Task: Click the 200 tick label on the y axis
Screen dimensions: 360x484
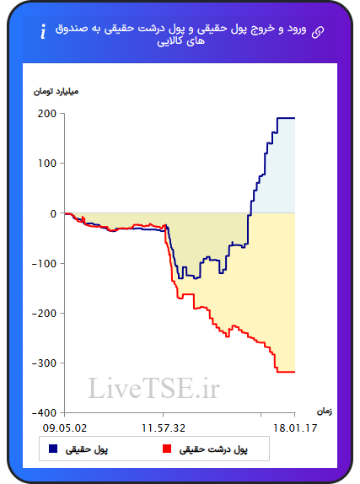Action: [x=47, y=114]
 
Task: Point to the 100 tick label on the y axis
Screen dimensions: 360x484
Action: [x=47, y=164]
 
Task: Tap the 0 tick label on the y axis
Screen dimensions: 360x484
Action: [x=53, y=213]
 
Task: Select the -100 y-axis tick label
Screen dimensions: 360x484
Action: [x=44, y=263]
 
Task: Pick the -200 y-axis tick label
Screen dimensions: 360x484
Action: [x=44, y=313]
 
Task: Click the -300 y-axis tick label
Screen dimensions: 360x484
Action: [x=44, y=363]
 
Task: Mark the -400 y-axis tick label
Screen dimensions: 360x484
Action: [x=44, y=412]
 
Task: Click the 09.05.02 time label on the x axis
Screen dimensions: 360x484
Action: [x=65, y=428]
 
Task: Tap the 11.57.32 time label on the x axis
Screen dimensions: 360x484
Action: [x=164, y=428]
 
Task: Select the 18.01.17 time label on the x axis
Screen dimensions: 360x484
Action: [x=295, y=428]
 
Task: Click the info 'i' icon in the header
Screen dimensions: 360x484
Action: [x=43, y=31]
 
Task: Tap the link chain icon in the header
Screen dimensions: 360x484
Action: [x=318, y=32]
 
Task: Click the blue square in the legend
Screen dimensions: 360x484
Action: [x=53, y=449]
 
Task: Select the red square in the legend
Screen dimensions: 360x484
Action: [x=167, y=449]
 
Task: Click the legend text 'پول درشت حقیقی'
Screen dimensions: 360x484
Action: [x=213, y=449]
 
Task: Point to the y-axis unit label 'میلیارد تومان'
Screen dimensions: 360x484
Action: [x=56, y=91]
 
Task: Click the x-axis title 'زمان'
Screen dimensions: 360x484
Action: [x=325, y=411]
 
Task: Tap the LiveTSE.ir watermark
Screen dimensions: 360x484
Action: [x=153, y=388]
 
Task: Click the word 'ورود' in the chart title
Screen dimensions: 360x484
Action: [x=297, y=30]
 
